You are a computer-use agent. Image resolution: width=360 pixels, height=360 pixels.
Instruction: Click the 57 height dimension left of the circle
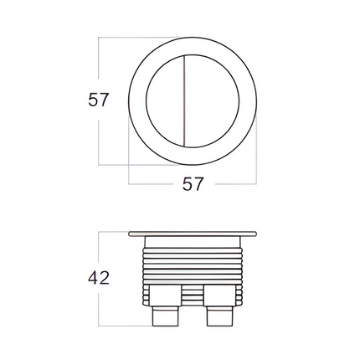coord(100,100)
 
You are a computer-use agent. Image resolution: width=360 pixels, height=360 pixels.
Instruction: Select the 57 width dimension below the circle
coord(193,184)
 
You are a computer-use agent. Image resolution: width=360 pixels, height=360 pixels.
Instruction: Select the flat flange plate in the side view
coord(193,232)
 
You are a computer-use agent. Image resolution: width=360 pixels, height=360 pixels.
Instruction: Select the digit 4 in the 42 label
coord(93,277)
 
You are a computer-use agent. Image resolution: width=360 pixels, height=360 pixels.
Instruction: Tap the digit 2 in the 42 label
coord(105,277)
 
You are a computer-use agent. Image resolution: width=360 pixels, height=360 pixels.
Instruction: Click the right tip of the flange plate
coord(255,232)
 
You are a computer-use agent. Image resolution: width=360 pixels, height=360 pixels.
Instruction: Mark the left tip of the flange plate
coord(131,232)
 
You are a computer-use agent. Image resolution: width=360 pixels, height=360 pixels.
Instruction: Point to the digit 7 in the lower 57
coord(199,184)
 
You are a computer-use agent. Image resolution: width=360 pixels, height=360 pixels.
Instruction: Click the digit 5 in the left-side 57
coord(93,100)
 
